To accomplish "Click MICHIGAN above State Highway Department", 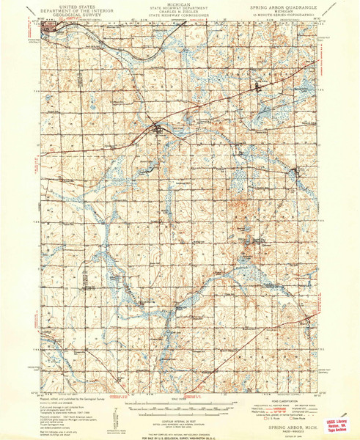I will [x=179, y=3].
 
